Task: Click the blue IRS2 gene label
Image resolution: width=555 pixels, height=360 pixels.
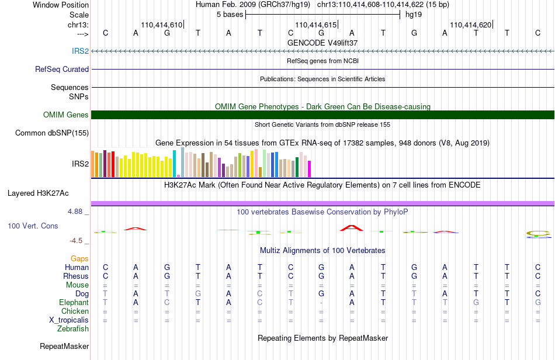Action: pyautogui.click(x=81, y=51)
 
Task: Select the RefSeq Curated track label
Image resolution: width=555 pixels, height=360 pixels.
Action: pyautogui.click(x=62, y=69)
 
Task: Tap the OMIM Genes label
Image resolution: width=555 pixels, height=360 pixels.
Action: pyautogui.click(x=66, y=115)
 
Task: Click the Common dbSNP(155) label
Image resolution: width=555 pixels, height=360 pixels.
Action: pyautogui.click(x=52, y=133)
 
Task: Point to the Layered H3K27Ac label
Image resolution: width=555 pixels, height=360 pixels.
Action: pyautogui.click(x=38, y=193)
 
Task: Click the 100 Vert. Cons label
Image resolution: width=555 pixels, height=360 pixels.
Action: pyautogui.click(x=33, y=226)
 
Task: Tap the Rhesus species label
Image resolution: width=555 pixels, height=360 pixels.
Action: pyautogui.click(x=76, y=276)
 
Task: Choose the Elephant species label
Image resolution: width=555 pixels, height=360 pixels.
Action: pyautogui.click(x=74, y=302)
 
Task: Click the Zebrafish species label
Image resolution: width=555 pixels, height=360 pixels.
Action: pyautogui.click(x=73, y=329)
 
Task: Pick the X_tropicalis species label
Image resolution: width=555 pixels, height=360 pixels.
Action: pyautogui.click(x=69, y=320)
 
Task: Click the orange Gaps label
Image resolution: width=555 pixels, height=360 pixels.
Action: pyautogui.click(x=79, y=258)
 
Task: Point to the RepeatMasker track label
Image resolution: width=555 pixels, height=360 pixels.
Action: pyautogui.click(x=64, y=346)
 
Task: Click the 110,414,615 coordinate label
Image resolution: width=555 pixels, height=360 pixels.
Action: pyautogui.click(x=315, y=25)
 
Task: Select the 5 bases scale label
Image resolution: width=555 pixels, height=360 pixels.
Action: pyautogui.click(x=230, y=15)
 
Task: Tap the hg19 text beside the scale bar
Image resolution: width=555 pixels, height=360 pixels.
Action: pyautogui.click(x=414, y=15)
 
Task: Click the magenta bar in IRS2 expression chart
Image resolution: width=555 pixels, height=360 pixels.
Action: pyautogui.click(x=310, y=169)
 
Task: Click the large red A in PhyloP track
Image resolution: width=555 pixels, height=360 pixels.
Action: pyautogui.click(x=352, y=227)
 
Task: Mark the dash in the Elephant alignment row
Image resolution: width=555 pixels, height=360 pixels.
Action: pyautogui.click(x=321, y=303)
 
